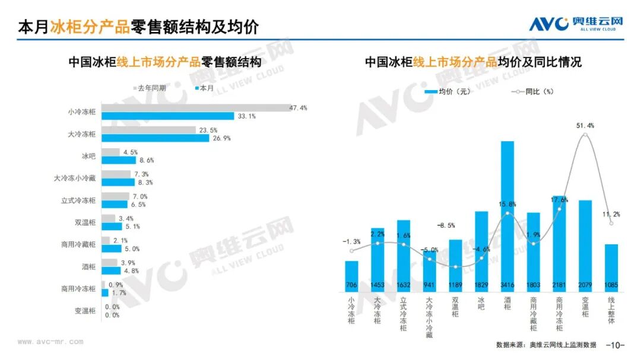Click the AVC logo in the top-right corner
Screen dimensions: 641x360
click(x=576, y=24)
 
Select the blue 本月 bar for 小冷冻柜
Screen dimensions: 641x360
click(x=167, y=116)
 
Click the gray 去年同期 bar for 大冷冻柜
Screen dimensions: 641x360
click(x=148, y=130)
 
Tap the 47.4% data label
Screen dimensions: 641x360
click(x=298, y=108)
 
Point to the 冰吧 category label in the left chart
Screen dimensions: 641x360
click(x=88, y=156)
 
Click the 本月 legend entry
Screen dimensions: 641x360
click(x=204, y=88)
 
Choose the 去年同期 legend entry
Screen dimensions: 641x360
click(x=150, y=88)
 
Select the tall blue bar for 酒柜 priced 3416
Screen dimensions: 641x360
click(x=507, y=216)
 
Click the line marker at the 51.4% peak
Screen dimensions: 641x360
click(x=585, y=135)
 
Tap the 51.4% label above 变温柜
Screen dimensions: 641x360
click(x=585, y=126)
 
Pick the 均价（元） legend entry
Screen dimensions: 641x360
click(x=448, y=91)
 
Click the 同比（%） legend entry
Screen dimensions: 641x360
click(x=532, y=91)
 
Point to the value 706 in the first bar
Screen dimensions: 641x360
click(x=351, y=285)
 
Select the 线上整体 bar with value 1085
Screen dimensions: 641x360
click(x=611, y=268)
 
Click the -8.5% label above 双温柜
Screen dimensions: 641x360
click(x=446, y=225)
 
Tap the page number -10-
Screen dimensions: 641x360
click(x=615, y=345)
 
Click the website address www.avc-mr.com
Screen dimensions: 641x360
click(x=50, y=342)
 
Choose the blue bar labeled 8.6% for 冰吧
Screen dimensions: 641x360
click(x=119, y=160)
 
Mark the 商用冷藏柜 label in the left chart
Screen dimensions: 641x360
click(x=78, y=244)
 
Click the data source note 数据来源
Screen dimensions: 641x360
click(x=546, y=345)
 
